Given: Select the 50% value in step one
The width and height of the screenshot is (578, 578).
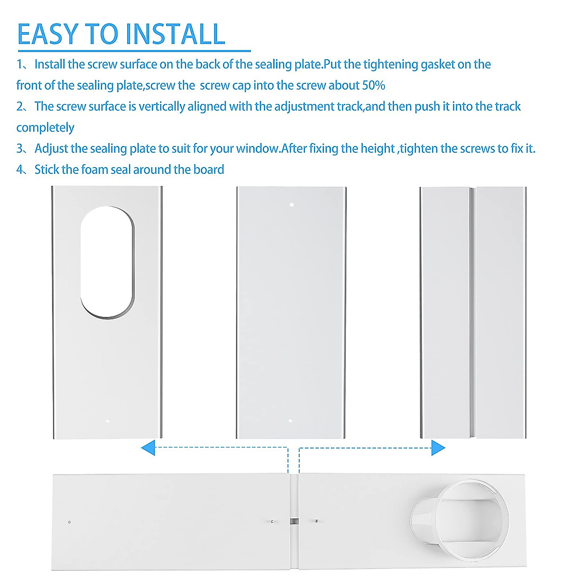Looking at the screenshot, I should [x=373, y=86].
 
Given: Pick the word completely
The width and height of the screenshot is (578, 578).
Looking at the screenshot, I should [x=45, y=128].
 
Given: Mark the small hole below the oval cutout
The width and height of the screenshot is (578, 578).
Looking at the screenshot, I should [x=107, y=421].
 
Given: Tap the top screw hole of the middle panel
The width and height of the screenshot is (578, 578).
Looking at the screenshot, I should [x=291, y=205].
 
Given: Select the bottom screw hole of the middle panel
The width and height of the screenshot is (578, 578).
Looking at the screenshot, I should [x=290, y=421].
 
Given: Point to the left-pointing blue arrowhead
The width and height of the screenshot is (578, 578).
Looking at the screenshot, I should [x=148, y=448].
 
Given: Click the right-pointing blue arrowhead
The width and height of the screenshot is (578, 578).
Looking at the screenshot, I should [x=438, y=448].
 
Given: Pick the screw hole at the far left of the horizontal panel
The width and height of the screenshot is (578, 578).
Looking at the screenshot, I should [x=69, y=522].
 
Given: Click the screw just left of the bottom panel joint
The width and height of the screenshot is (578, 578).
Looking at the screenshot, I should [x=272, y=521].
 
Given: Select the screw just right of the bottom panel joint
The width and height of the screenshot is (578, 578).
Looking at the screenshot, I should [x=316, y=521].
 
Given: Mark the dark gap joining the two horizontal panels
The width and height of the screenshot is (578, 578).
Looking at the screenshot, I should [x=294, y=521].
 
